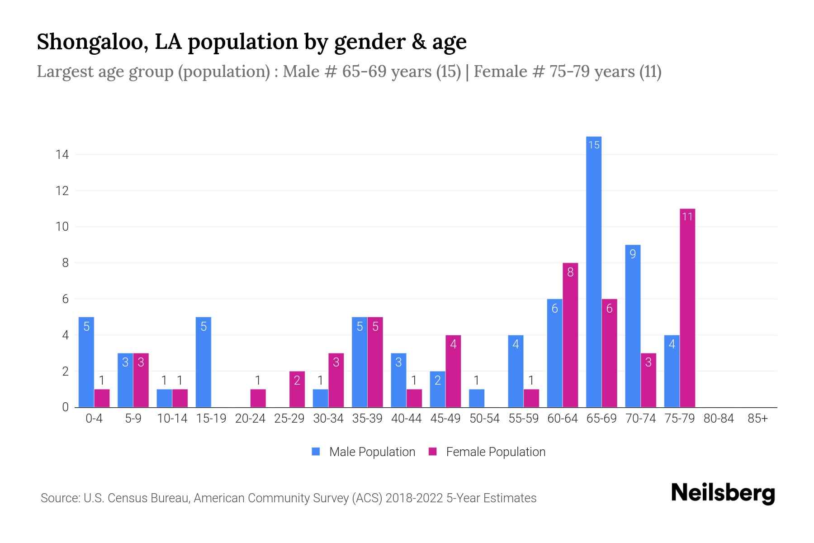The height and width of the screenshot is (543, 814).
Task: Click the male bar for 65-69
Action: pyautogui.click(x=594, y=271)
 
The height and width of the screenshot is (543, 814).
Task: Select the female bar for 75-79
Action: pyautogui.click(x=687, y=308)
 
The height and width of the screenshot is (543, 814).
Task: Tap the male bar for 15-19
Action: pyautogui.click(x=203, y=362)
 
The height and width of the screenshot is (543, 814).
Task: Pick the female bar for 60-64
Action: pyautogui.click(x=570, y=335)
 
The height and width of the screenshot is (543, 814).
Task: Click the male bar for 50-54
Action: pyautogui.click(x=477, y=398)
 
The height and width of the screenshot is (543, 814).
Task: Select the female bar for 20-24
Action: pyautogui.click(x=258, y=398)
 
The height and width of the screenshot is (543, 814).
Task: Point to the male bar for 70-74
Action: pyautogui.click(x=633, y=326)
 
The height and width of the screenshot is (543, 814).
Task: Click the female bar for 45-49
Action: pyautogui.click(x=453, y=371)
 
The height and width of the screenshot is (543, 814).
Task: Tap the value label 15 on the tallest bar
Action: pyautogui.click(x=594, y=145)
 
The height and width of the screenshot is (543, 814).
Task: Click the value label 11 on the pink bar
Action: pyautogui.click(x=687, y=217)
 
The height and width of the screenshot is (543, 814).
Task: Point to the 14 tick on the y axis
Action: pyautogui.click(x=62, y=155)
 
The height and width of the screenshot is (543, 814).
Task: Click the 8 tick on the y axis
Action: pyautogui.click(x=65, y=263)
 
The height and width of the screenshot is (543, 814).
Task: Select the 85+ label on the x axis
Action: pyautogui.click(x=757, y=419)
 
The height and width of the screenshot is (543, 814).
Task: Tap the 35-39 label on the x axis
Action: pyautogui.click(x=367, y=419)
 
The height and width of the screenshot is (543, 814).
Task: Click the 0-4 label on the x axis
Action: pyautogui.click(x=94, y=419)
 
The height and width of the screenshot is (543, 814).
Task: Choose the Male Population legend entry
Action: pyautogui.click(x=372, y=452)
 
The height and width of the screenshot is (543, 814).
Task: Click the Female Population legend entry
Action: pyautogui.click(x=495, y=452)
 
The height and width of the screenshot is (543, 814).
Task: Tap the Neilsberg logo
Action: pyautogui.click(x=723, y=493)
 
